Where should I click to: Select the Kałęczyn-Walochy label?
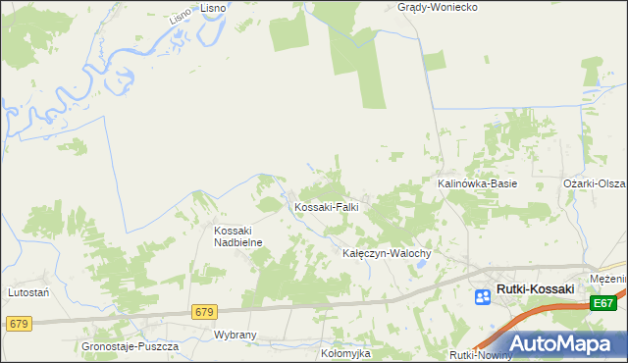click(x=387, y=252)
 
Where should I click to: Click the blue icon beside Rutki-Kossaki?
click(x=485, y=296)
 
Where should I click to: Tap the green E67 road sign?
click(x=604, y=306)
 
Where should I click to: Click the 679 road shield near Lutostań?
click(x=18, y=323)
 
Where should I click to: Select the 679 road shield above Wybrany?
click(x=204, y=312)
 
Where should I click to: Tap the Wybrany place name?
click(x=235, y=335)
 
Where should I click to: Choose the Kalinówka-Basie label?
click(x=477, y=183)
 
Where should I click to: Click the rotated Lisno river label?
click(x=179, y=11)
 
